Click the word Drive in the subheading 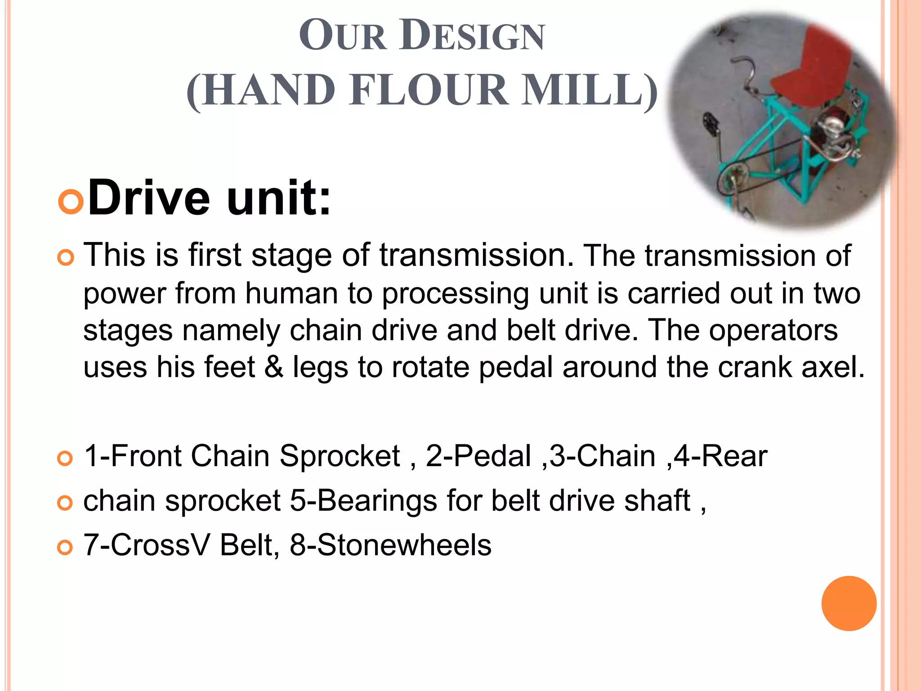(x=149, y=198)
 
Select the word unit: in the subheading (x=279, y=198)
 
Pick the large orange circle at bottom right (x=849, y=603)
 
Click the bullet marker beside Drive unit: (x=71, y=201)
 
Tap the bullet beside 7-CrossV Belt (x=65, y=547)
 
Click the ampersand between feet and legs (x=274, y=367)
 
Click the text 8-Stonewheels (x=390, y=545)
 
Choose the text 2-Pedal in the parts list (x=478, y=456)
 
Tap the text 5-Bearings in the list (x=363, y=500)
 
